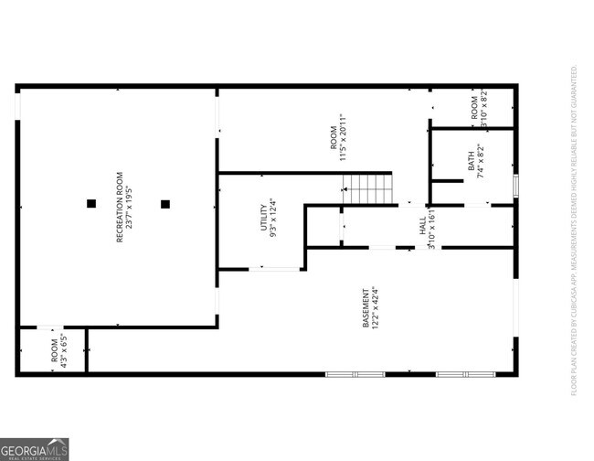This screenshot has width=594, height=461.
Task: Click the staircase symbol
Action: [x=367, y=188]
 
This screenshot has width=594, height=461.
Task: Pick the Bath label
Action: [x=472, y=161]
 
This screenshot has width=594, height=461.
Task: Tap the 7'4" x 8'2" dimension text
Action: [x=482, y=161]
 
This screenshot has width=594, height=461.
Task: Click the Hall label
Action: [x=422, y=226]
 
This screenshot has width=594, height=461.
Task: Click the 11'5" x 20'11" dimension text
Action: [x=344, y=137]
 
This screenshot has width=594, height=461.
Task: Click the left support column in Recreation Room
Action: [x=90, y=203]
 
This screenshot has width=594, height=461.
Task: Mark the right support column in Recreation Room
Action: [x=165, y=203]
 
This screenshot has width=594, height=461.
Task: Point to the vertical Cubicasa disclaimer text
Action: [x=574, y=230]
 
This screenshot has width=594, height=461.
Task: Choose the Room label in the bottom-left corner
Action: [x=54, y=353]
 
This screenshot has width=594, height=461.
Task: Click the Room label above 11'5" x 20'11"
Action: [x=333, y=137]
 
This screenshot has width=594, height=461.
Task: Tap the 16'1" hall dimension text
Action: [x=432, y=226]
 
